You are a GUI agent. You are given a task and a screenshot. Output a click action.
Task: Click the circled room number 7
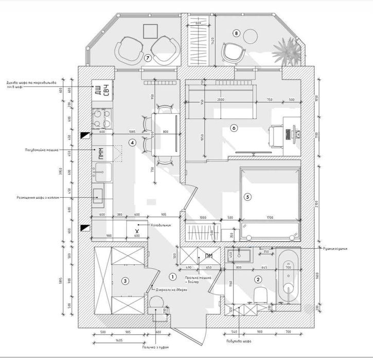click(147, 58)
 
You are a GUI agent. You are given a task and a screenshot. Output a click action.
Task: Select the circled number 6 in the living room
click(234, 128)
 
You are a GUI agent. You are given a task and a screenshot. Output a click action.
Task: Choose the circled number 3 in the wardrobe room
click(125, 281)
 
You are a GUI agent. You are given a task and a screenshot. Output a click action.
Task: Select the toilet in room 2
click(260, 295)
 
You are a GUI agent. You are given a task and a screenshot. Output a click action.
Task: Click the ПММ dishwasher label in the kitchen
click(101, 153)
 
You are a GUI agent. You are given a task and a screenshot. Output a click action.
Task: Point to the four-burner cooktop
click(101, 119)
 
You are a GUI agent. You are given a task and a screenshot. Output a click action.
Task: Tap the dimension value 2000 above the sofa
click(221, 99)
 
